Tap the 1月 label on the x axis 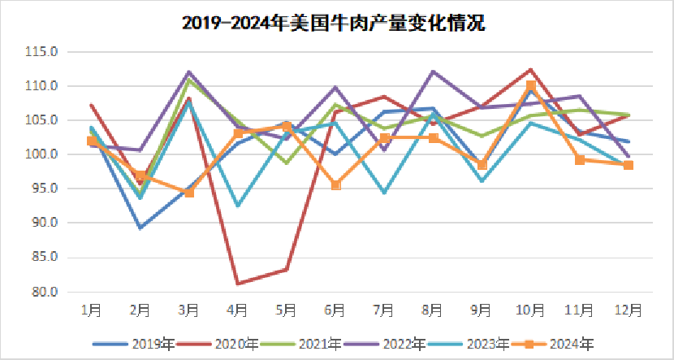click(92, 310)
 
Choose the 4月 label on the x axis click(238, 310)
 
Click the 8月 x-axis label click(433, 310)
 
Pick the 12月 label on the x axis click(628, 310)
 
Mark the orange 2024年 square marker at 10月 click(530, 85)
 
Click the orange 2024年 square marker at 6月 click(335, 185)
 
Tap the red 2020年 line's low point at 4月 click(238, 283)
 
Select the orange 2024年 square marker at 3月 click(189, 193)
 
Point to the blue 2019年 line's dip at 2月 click(140, 228)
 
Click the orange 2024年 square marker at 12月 click(628, 165)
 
